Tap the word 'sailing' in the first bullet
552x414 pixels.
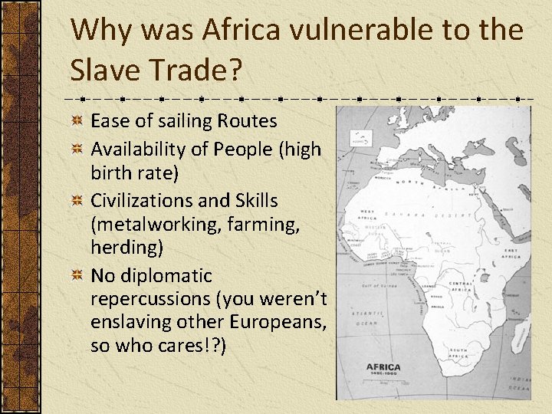185,121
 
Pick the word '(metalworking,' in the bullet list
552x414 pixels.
149,224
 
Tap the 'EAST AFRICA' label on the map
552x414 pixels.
513,254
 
